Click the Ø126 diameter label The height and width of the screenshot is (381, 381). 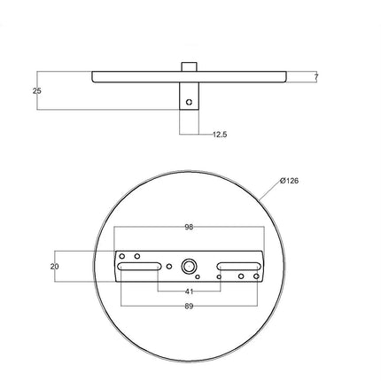[289, 181]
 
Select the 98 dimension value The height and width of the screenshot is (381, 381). [189, 227]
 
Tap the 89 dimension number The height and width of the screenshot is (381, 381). [189, 306]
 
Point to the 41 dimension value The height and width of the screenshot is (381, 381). [189, 291]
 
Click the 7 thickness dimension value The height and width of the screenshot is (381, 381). [316, 78]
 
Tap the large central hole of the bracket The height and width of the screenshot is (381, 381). [189, 266]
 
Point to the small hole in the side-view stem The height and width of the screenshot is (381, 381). [189, 103]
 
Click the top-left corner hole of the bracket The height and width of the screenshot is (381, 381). [123, 256]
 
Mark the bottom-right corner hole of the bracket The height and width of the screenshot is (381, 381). [255, 276]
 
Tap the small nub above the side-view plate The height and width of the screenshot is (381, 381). [189, 66]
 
